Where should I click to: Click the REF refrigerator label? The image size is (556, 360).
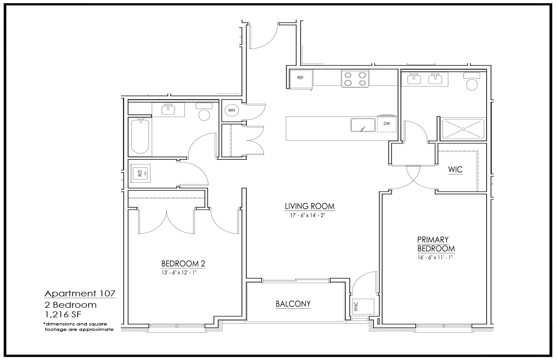pyautogui.click(x=300, y=78)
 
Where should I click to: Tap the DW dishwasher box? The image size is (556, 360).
pyautogui.click(x=387, y=124)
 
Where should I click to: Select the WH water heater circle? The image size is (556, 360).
pyautogui.click(x=232, y=110)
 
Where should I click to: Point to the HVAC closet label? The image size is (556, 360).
pyautogui.click(x=356, y=306)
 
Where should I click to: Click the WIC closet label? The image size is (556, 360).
pyautogui.click(x=456, y=170)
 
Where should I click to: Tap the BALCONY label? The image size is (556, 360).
pyautogui.click(x=293, y=304)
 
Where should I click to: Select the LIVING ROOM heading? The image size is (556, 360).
pyautogui.click(x=310, y=206)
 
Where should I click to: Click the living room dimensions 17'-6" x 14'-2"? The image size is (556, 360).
pyautogui.click(x=308, y=215)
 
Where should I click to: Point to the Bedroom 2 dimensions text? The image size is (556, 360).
pyautogui.click(x=179, y=273)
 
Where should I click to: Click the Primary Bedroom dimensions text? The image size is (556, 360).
pyautogui.click(x=435, y=257)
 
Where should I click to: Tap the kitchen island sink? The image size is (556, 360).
pyautogui.click(x=363, y=125)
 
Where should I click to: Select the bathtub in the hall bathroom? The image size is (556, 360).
pyautogui.click(x=140, y=136)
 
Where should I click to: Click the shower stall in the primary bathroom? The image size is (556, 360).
pyautogui.click(x=463, y=129)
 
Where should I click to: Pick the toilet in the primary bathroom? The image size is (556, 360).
pyautogui.click(x=472, y=81)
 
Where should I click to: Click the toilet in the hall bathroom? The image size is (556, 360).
pyautogui.click(x=204, y=112)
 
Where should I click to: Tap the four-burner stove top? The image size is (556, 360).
pyautogui.click(x=355, y=79)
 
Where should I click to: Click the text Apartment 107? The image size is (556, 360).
pyautogui.click(x=80, y=294)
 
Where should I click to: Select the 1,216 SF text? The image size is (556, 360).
pyautogui.click(x=63, y=315)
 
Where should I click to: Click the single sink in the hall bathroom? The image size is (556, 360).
pyautogui.click(x=168, y=109)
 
